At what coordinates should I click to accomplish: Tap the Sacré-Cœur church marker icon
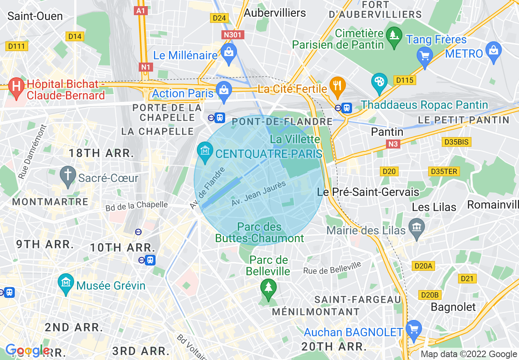pos(67,175)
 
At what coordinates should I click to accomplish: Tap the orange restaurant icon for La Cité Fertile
pos(338,85)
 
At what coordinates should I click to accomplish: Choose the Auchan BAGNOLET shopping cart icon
pos(414,328)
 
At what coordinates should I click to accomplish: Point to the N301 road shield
pos(232,35)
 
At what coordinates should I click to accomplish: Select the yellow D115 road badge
pos(405,80)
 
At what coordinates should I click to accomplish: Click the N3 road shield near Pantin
pos(393,144)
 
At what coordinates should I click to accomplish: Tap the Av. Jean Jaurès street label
pos(258,194)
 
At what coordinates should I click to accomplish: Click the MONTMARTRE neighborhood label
pos(50,202)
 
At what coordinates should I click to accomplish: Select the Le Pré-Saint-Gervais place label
pos(368,192)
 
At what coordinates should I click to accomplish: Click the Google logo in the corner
pos(27,350)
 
